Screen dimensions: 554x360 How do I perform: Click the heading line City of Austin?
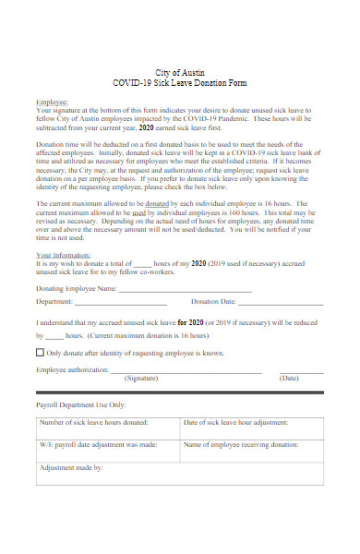(x=180, y=71)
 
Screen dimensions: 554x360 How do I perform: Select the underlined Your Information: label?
(x=64, y=254)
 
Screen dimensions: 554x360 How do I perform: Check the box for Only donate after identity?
(x=40, y=353)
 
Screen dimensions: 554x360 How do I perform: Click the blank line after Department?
(x=121, y=303)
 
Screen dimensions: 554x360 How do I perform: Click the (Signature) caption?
(x=140, y=379)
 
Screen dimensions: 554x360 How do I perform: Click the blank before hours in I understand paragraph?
(x=54, y=337)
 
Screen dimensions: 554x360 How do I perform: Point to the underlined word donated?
(x=158, y=202)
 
